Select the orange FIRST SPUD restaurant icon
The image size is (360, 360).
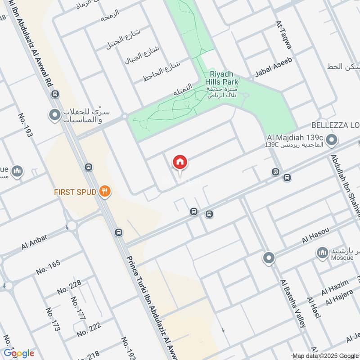[x=105, y=192]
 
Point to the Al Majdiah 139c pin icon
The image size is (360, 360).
[x=332, y=140]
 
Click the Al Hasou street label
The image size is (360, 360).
[x=316, y=235]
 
